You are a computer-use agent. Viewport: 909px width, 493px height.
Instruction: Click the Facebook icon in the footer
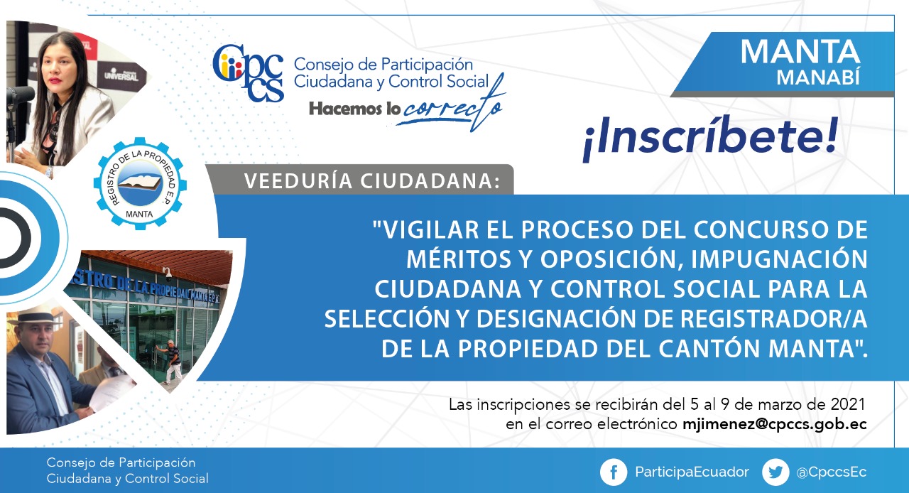tap(614, 472)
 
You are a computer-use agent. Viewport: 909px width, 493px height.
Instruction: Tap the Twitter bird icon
tap(775, 472)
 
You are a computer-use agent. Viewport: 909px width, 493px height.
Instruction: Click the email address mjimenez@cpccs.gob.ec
tap(775, 424)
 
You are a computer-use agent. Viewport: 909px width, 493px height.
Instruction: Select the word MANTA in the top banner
tap(800, 52)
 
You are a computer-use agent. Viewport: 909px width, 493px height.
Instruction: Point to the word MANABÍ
tap(818, 78)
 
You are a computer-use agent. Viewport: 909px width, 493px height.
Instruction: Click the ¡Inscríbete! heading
tap(710, 139)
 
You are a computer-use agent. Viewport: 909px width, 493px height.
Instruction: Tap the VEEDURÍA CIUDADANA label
tap(372, 181)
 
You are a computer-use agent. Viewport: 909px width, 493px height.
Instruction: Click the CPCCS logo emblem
tap(248, 72)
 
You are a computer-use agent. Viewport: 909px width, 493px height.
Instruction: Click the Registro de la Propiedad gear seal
tap(141, 183)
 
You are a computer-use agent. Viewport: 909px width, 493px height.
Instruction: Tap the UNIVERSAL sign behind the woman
tap(121, 75)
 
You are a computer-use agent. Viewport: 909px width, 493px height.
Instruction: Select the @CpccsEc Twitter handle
tap(832, 472)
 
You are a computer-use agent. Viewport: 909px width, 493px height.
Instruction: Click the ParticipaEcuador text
tap(692, 472)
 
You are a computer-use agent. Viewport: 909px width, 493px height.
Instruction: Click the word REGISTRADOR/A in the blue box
tap(774, 319)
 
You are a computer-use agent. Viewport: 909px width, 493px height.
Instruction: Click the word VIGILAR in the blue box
tap(426, 230)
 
